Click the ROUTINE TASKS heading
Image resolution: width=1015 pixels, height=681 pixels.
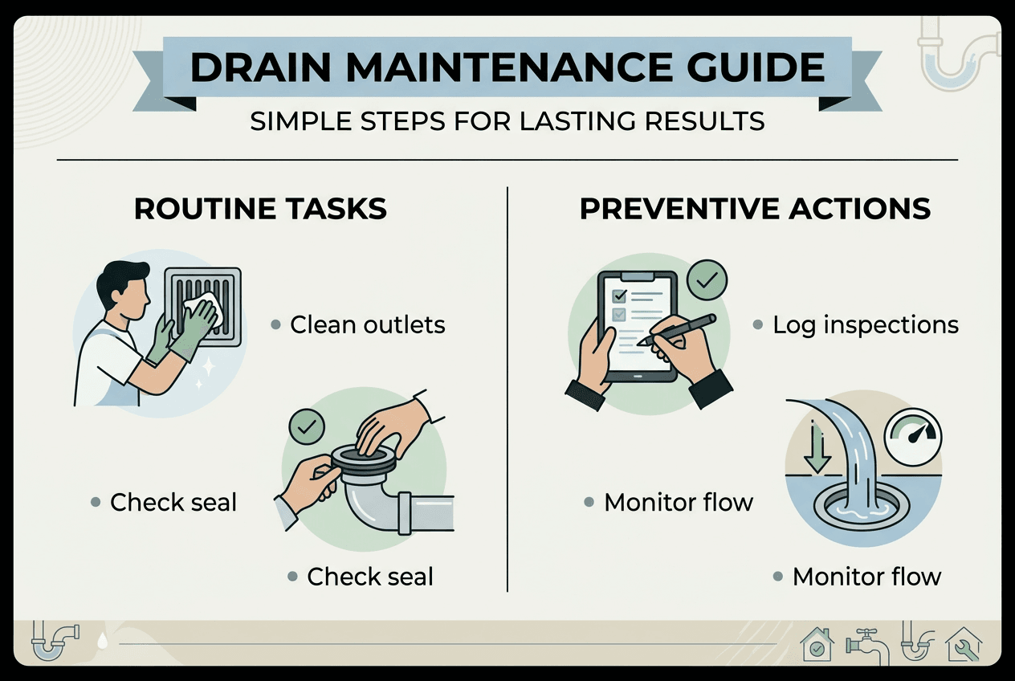tap(260, 209)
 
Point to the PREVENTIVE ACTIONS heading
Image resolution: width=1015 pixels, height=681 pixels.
tap(755, 209)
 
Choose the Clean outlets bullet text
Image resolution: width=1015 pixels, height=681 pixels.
tap(367, 324)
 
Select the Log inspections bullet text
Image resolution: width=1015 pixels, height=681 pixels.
tap(865, 324)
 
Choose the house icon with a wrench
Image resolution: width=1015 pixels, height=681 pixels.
tap(963, 644)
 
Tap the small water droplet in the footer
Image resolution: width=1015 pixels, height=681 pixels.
tap(103, 642)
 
